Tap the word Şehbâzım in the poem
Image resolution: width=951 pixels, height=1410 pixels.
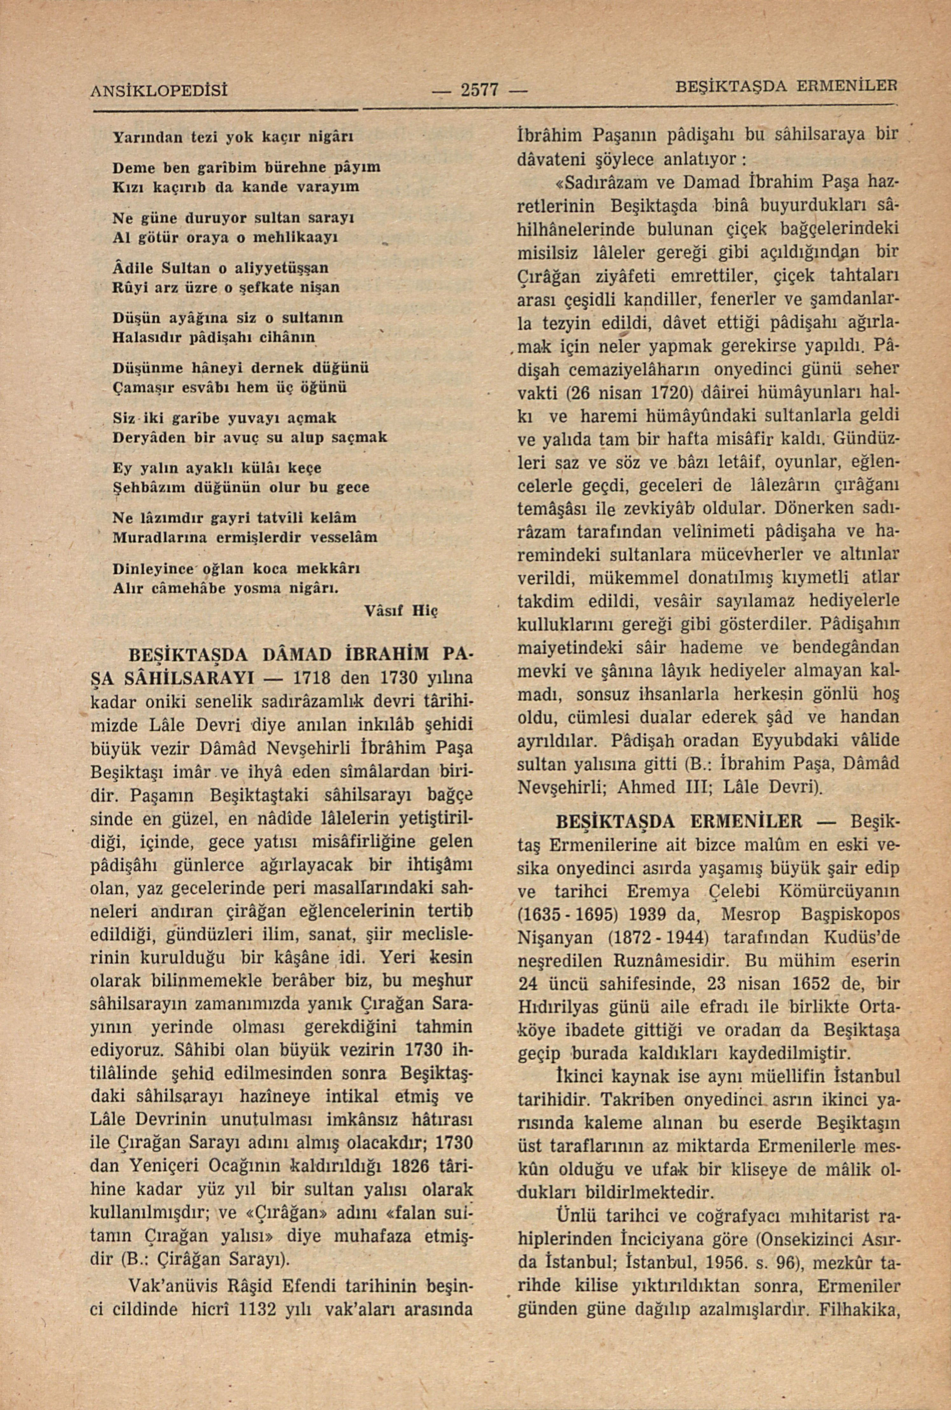145,487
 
